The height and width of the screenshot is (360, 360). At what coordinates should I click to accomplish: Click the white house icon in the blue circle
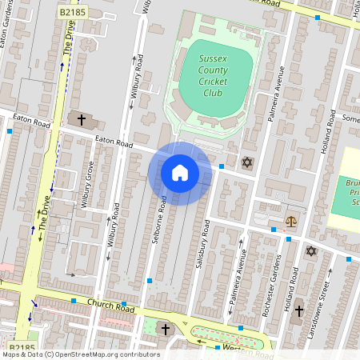click(180, 173)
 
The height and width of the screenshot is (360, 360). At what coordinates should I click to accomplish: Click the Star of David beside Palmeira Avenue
click(246, 163)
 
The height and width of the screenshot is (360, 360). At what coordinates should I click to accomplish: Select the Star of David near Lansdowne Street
click(311, 251)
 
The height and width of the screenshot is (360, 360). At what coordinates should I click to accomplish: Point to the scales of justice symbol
click(290, 221)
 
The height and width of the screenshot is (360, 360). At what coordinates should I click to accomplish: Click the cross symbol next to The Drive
click(82, 119)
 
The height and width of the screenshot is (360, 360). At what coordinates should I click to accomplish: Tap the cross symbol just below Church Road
click(166, 329)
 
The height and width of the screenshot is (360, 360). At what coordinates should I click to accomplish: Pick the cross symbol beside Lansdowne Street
click(299, 310)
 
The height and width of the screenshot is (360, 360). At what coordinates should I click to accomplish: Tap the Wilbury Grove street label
click(90, 185)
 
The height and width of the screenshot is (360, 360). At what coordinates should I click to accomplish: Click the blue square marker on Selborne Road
click(150, 281)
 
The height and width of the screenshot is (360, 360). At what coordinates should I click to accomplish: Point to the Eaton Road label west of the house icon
click(113, 142)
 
